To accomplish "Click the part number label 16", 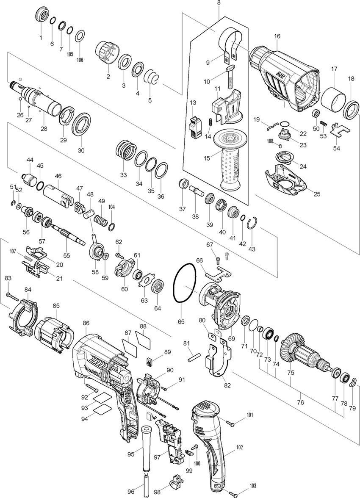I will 277,36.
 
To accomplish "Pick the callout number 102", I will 240,447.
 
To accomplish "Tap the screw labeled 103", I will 231,492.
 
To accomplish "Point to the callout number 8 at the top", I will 219,3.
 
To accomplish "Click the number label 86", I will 86,323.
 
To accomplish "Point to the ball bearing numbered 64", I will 158,288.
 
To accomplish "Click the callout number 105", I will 70,54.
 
